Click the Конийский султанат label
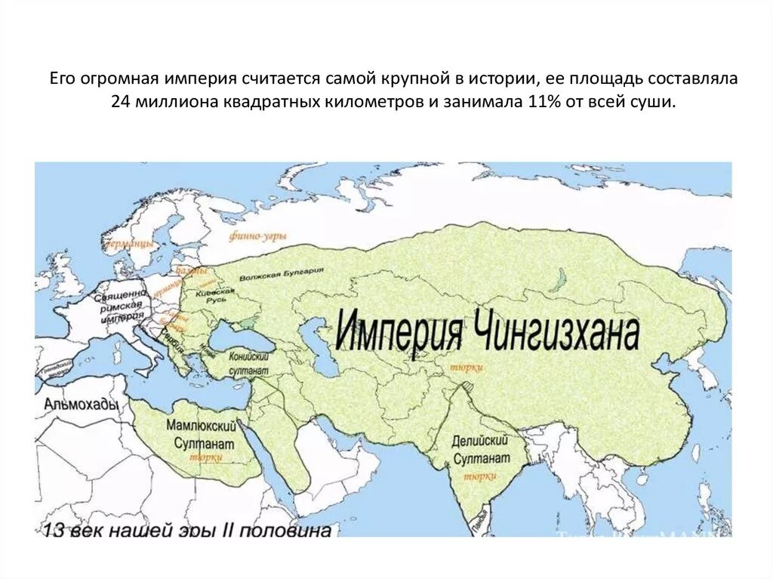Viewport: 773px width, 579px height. (x=248, y=361)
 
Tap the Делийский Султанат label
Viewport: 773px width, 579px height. (x=479, y=450)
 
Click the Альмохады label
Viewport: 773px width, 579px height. (x=82, y=405)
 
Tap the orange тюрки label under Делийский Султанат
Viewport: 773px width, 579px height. (x=479, y=476)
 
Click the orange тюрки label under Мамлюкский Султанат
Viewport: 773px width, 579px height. (x=205, y=457)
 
